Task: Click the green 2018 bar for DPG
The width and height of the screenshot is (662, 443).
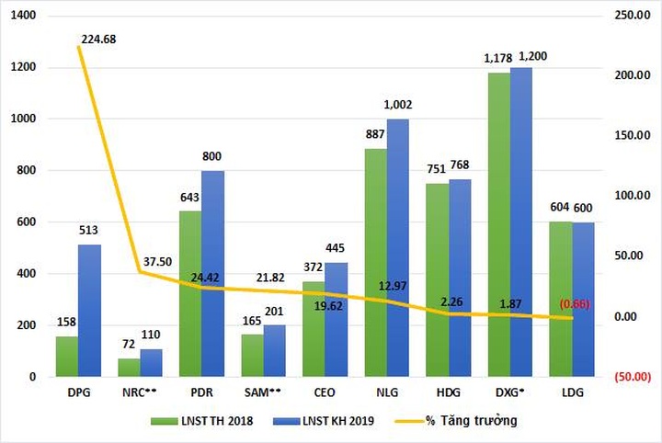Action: point(65,357)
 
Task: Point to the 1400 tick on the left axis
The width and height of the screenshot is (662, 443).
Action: point(20,17)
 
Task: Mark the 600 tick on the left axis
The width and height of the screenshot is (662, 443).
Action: point(24,222)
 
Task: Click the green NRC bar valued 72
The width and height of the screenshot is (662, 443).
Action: point(129,368)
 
